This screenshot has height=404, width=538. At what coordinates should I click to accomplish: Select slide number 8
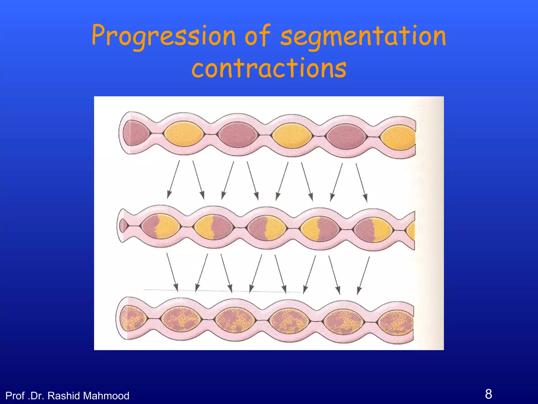tap(488, 394)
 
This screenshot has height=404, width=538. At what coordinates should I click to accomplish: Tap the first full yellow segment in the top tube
tap(184, 134)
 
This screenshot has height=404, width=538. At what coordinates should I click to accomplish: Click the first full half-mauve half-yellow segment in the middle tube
tap(161, 226)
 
